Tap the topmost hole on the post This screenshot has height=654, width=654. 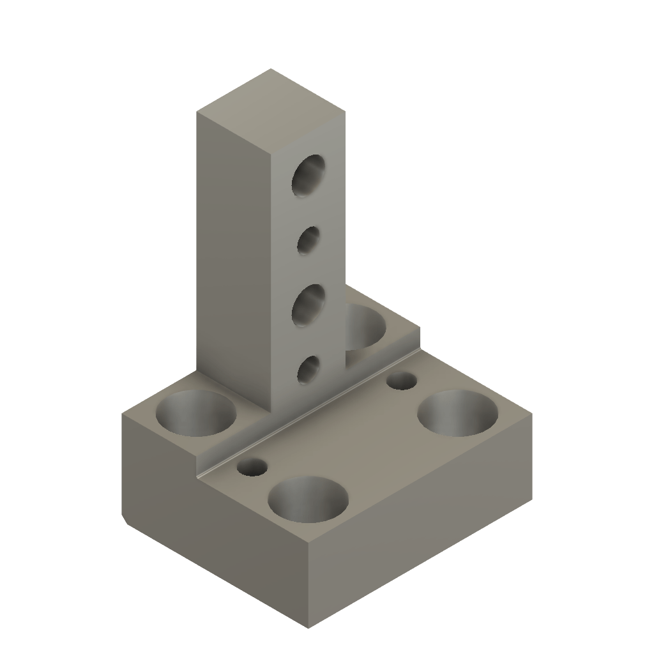308,174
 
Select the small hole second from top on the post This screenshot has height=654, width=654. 309,241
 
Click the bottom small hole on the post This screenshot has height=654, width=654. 309,370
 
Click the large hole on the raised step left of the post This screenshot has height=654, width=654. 196,413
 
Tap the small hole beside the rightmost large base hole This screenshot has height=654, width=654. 402,381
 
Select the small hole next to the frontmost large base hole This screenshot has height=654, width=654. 252,467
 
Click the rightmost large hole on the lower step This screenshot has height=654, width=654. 457,413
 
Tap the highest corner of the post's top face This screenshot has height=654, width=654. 271,68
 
